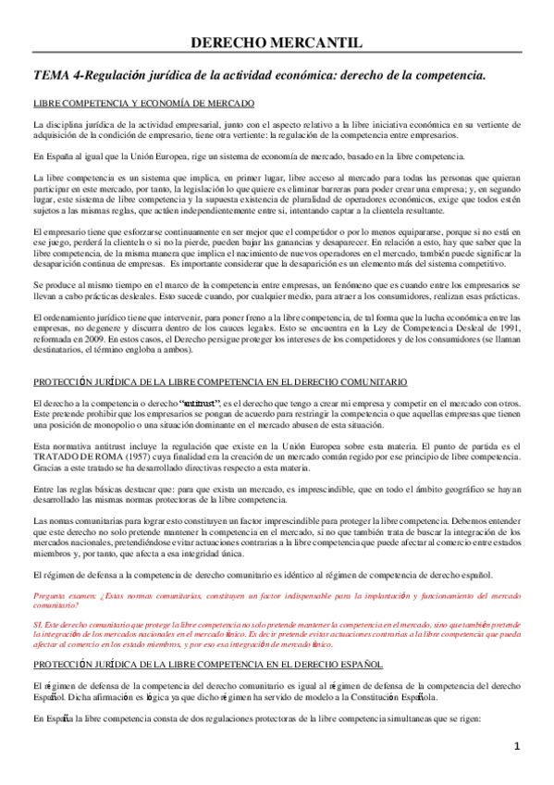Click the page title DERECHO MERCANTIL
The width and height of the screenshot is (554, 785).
click(277, 43)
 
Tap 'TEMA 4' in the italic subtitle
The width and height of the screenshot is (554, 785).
click(55, 73)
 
